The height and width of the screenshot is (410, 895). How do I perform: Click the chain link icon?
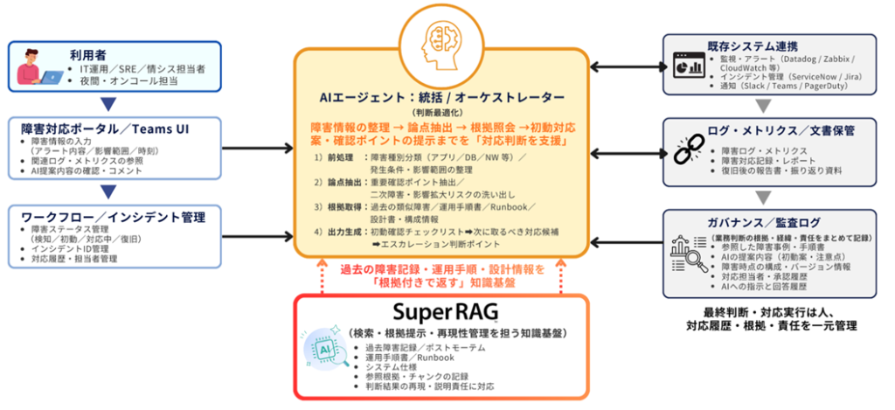pyautogui.click(x=690, y=146)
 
